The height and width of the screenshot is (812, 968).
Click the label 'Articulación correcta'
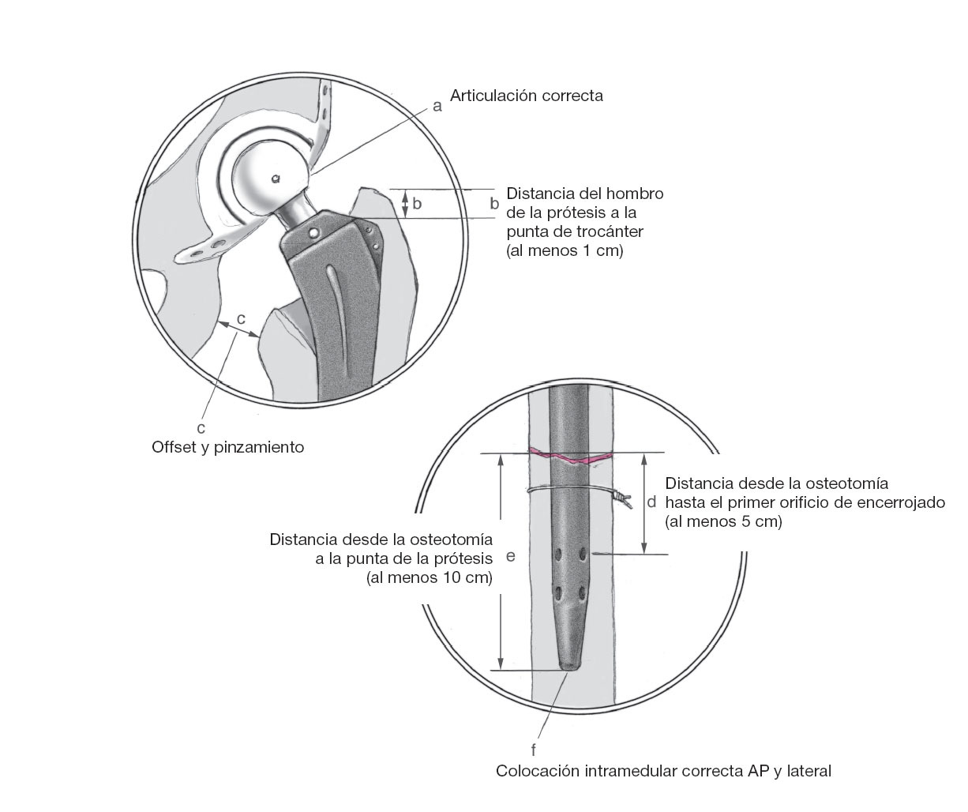526,96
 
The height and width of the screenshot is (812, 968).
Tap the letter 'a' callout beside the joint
437,107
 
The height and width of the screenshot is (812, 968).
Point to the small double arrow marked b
405,204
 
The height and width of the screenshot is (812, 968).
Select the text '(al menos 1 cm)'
565,251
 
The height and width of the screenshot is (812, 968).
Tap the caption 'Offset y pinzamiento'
227,448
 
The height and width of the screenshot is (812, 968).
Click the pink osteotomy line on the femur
571,457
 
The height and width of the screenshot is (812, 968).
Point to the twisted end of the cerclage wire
623,500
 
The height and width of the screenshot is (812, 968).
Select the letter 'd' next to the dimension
651,502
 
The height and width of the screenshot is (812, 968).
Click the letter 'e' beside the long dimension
511,557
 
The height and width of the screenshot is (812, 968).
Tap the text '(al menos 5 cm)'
723,521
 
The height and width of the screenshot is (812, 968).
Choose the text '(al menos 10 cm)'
430,578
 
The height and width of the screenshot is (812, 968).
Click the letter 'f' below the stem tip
534,750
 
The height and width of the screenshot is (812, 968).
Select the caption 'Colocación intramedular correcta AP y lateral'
663,771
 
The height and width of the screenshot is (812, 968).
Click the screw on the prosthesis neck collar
314,233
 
